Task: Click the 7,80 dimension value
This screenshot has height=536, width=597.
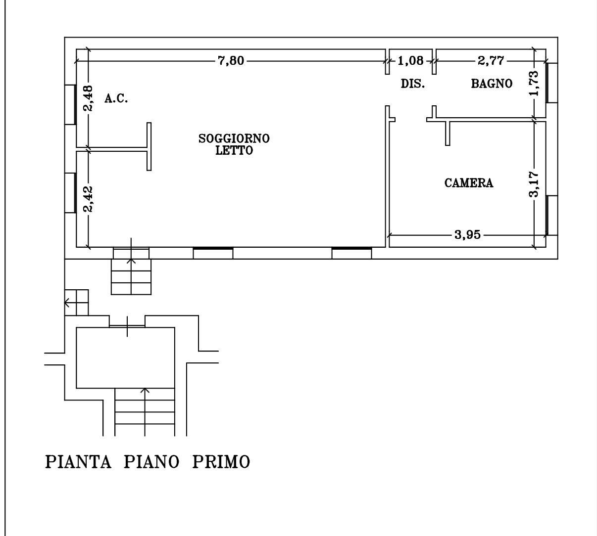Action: coord(231,61)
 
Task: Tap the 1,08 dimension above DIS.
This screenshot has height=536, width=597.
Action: coord(410,61)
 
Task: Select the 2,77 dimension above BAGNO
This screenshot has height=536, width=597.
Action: coord(491,61)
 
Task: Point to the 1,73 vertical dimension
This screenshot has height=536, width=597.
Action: coord(534,83)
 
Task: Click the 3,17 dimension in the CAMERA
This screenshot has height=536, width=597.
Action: coord(534,184)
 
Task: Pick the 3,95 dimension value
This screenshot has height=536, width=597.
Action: coord(467,235)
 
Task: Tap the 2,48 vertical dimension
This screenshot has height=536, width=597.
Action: coord(89,98)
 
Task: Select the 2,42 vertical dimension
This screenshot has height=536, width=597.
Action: coord(89,199)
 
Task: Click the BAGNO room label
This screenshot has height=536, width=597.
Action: coord(492,84)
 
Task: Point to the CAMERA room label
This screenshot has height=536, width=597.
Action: coord(469,183)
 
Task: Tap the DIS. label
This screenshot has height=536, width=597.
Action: coord(413,84)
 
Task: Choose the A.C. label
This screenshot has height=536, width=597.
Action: coord(116,98)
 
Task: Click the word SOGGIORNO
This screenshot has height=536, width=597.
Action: coord(234,138)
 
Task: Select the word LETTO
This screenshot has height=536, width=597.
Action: coord(234,150)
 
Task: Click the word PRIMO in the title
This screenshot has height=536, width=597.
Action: coord(221,462)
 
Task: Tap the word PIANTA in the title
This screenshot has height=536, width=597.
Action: coord(78,462)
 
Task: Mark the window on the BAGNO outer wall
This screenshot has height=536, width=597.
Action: coord(552,83)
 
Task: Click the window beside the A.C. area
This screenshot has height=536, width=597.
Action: coord(70,105)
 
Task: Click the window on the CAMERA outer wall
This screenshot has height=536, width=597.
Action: coord(552,216)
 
